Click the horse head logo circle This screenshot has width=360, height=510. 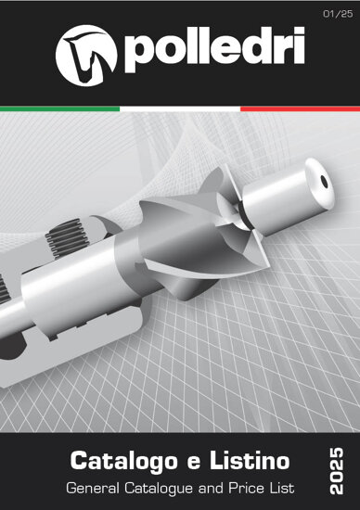pos(86,56)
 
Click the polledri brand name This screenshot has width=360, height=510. pos(214,50)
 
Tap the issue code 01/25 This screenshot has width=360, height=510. pos(338,14)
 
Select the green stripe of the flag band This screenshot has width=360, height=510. pos(60,108)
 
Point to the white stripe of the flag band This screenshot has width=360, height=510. pos(180,108)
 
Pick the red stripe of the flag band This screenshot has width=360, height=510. pos(300,108)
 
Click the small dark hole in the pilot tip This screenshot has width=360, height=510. pos(324,182)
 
